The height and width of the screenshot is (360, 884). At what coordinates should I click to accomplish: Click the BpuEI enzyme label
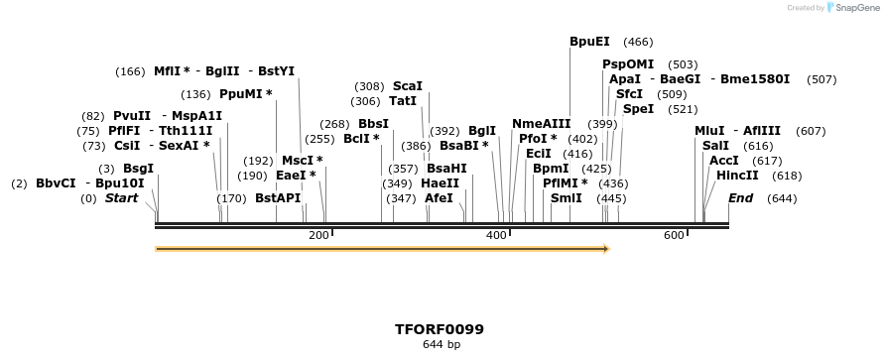tap(589, 43)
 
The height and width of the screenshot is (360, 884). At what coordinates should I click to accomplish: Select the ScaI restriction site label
tap(407, 86)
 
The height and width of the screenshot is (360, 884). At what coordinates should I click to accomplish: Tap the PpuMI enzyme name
tap(242, 94)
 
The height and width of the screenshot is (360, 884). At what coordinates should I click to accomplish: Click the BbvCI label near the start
tap(56, 183)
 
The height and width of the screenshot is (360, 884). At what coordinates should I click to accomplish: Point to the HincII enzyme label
tap(737, 176)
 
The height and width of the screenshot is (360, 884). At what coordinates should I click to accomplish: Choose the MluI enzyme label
tap(709, 131)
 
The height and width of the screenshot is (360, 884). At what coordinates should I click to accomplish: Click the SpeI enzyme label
tap(638, 109)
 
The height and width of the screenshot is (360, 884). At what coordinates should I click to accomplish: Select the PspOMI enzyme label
tap(628, 64)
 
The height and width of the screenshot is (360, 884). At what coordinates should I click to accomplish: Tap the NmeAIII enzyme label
tap(541, 124)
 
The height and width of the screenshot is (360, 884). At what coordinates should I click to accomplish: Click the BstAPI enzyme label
tap(278, 198)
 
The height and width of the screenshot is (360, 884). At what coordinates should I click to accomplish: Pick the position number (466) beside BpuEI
tap(638, 43)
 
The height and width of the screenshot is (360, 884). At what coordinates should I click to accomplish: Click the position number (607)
tap(811, 131)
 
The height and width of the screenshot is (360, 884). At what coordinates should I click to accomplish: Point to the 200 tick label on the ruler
tap(318, 235)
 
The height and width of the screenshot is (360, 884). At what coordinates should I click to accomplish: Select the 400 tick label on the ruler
tap(495, 235)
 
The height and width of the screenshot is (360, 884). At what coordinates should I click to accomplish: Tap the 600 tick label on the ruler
tap(674, 235)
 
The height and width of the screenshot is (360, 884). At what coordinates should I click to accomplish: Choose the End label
tap(740, 198)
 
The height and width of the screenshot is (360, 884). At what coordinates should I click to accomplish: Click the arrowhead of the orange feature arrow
tap(604, 249)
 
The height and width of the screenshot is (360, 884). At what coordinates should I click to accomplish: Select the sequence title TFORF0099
tap(440, 328)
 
